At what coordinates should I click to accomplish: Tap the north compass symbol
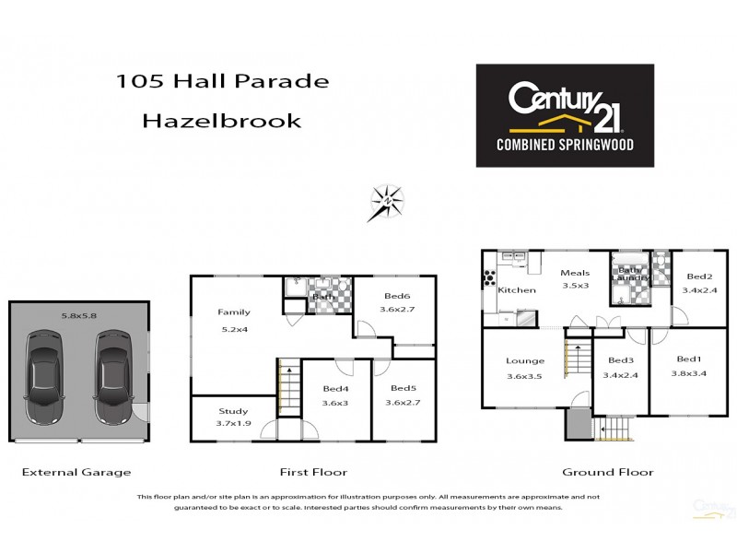[388, 202]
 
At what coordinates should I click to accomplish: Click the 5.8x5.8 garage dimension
[78, 314]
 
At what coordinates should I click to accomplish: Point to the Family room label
[234, 312]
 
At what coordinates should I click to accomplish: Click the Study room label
[233, 411]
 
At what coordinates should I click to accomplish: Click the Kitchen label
[516, 290]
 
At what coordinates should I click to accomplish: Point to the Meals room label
[577, 273]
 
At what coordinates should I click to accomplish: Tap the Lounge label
[524, 360]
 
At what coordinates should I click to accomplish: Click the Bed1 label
[688, 359]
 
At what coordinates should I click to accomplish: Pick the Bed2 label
[699, 276]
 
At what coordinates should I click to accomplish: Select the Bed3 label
[620, 360]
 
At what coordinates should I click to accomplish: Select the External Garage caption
[76, 472]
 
